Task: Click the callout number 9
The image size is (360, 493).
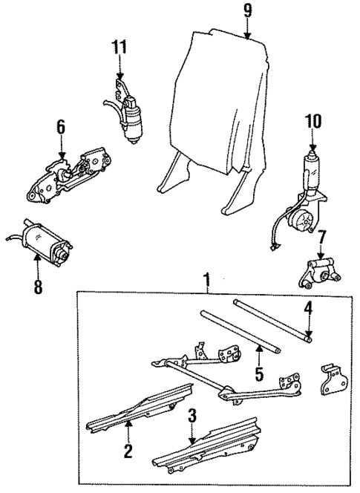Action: point(247,12)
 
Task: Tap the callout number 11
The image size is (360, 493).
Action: point(120,47)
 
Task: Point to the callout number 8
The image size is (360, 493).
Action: point(39,284)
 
